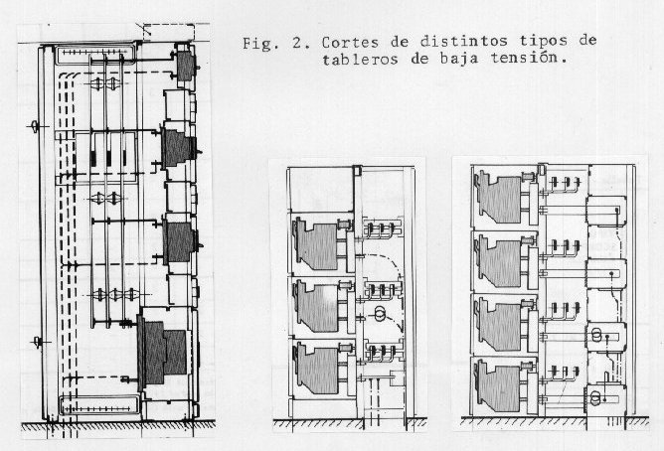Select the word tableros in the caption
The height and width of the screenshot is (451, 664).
[360, 59]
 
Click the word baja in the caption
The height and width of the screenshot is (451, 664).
[460, 59]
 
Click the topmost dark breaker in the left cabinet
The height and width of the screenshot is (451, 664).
[186, 66]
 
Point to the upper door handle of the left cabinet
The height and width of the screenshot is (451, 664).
[35, 126]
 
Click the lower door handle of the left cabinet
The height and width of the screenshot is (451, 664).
[38, 342]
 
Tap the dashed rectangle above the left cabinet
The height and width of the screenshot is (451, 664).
[169, 32]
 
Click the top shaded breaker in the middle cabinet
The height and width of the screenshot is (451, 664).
[317, 245]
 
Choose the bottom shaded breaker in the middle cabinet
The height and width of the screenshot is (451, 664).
[318, 368]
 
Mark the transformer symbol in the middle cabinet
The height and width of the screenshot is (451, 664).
[381, 314]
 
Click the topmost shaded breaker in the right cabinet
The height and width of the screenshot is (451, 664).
[499, 197]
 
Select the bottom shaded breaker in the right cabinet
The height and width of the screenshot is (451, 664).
[499, 386]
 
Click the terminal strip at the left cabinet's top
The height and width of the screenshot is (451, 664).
[95, 54]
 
